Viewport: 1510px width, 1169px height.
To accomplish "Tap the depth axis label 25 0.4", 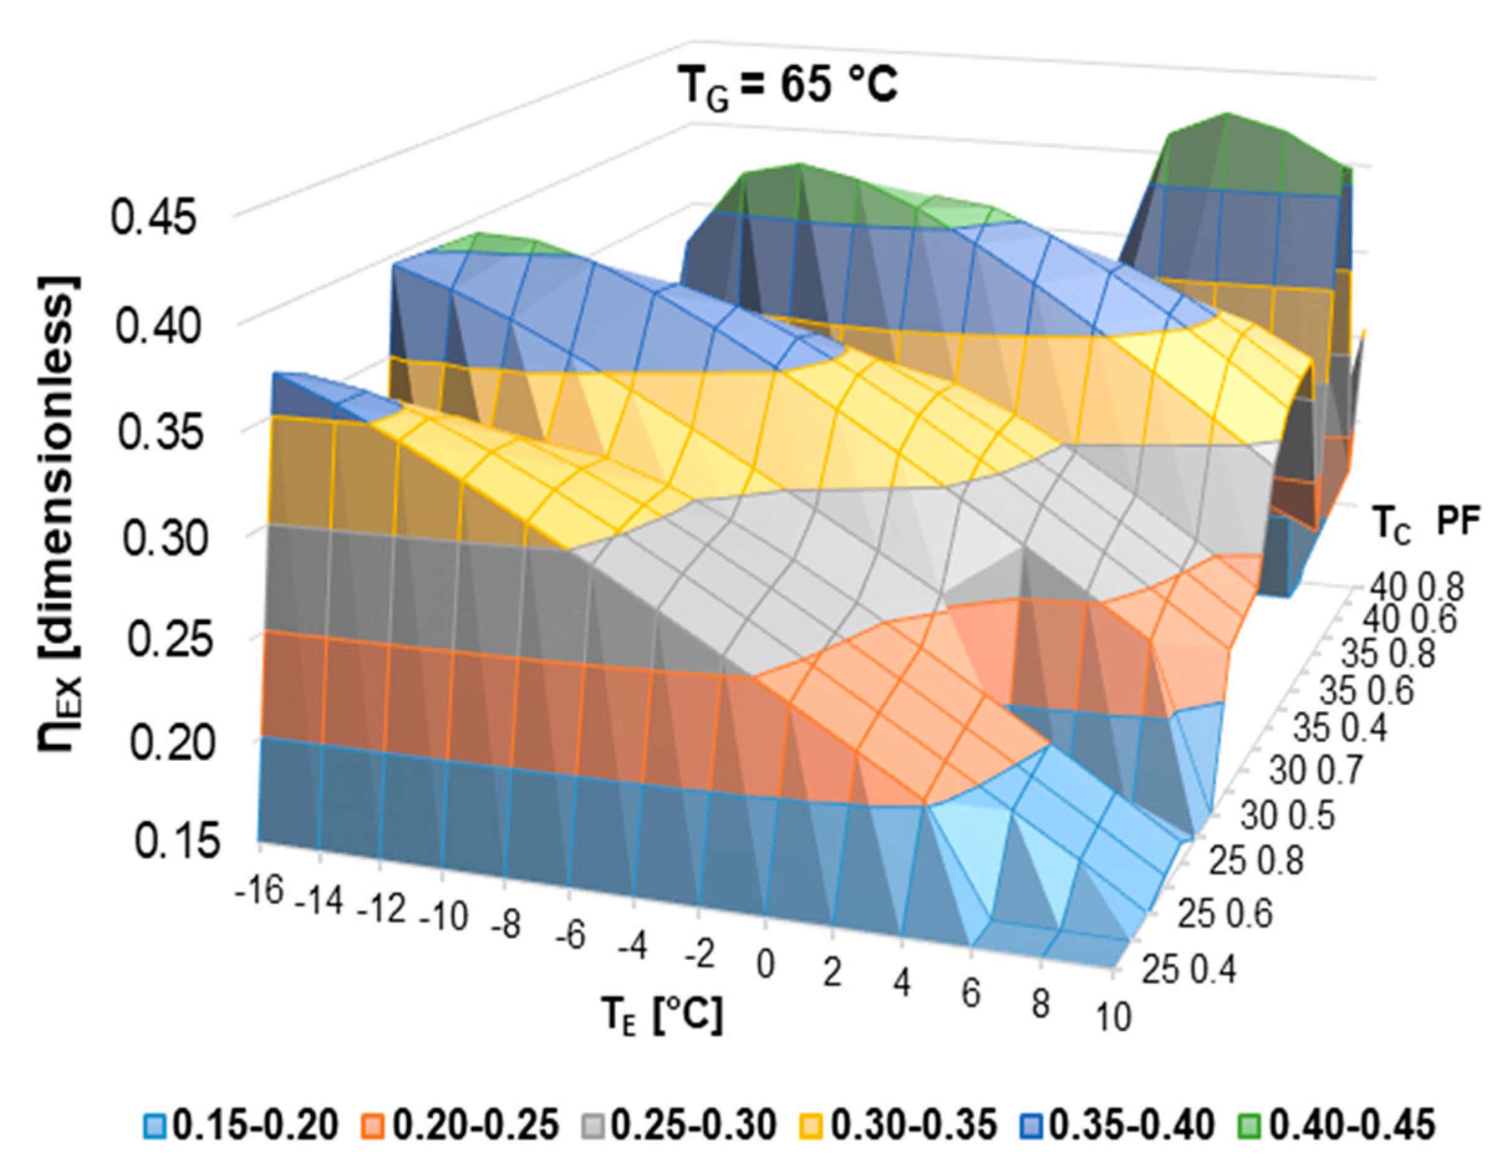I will (1188, 969).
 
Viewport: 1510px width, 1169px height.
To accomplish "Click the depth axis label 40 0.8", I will (1417, 589).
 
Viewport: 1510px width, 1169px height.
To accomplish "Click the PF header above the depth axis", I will (1458, 524).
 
